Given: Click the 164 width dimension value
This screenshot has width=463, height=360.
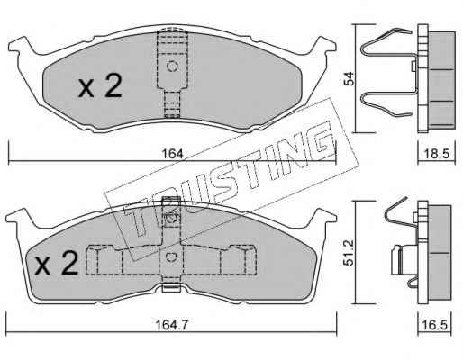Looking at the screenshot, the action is [x=172, y=154].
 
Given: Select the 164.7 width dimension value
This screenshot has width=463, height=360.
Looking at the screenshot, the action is [x=172, y=325].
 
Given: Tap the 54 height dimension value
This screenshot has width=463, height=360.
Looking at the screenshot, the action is [x=350, y=78].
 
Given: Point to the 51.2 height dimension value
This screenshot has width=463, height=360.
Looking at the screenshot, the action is [x=349, y=252].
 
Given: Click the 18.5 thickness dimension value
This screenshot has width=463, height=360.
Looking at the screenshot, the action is [x=436, y=154].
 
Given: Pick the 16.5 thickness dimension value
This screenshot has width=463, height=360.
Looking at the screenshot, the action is [x=435, y=325].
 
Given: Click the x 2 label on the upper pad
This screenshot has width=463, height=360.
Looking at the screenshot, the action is [x=100, y=86].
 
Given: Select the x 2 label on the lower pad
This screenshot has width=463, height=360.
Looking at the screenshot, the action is [x=57, y=263].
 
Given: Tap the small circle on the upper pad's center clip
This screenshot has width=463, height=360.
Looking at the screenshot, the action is [x=172, y=67].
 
